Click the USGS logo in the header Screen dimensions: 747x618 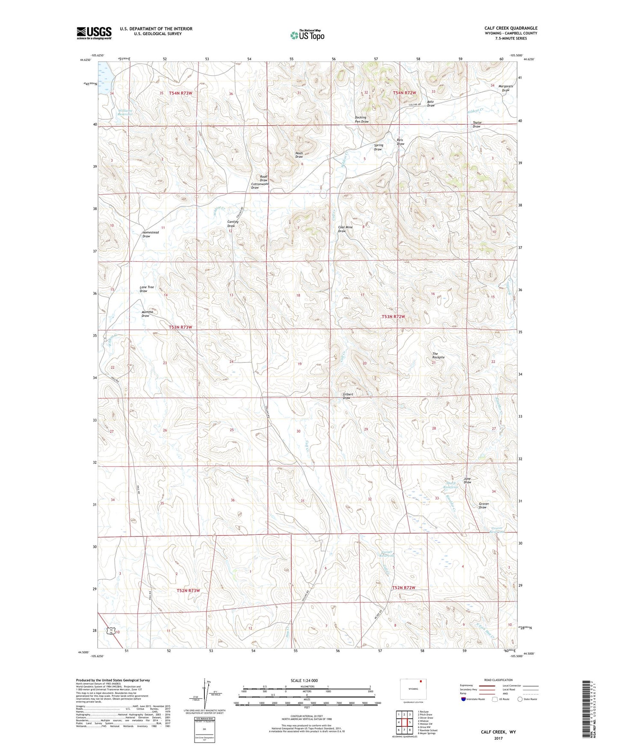click(x=94, y=33)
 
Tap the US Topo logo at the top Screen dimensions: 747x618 click(x=307, y=35)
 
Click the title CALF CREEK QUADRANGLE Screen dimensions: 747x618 click(x=511, y=28)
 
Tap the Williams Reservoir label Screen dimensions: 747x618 click(x=125, y=113)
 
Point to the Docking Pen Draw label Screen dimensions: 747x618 click(x=361, y=119)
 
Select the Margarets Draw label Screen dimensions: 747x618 click(x=506, y=88)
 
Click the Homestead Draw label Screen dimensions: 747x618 click(x=150, y=234)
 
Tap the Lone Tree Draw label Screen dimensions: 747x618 click(x=146, y=289)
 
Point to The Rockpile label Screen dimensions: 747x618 click(x=438, y=356)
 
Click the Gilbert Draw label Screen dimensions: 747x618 click(x=347, y=396)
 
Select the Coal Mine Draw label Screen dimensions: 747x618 click(x=345, y=229)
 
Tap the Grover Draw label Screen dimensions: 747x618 click(x=483, y=505)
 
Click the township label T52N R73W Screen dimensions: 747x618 click(x=188, y=590)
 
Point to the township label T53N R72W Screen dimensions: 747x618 click(x=393, y=317)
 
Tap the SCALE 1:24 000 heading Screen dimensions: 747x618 click(x=304, y=680)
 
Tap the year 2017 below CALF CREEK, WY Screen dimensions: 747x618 click(x=498, y=738)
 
